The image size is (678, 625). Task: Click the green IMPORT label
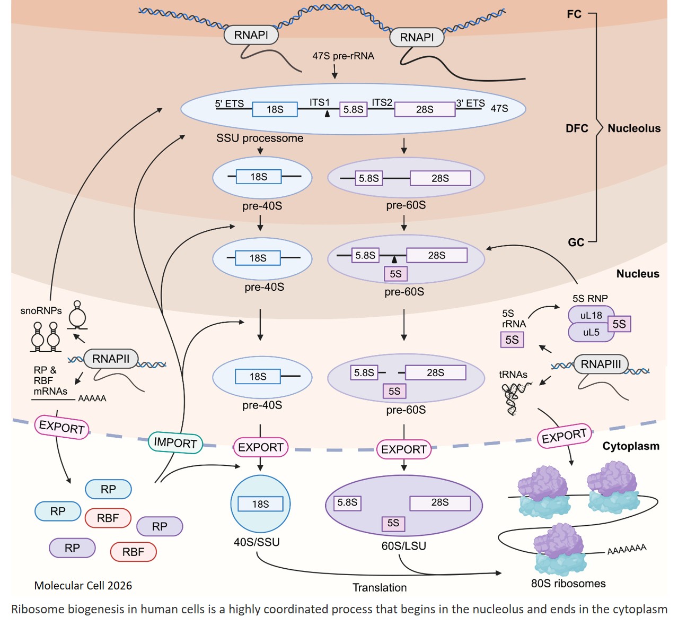click(175, 442)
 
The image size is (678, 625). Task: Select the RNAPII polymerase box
click(110, 359)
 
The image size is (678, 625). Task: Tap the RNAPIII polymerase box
click(600, 364)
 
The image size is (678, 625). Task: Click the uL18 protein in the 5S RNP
click(591, 315)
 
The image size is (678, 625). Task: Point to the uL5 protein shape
click(591, 333)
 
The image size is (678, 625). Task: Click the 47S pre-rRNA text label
click(343, 56)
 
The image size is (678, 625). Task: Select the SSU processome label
click(260, 138)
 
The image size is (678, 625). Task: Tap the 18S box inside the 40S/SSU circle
click(260, 504)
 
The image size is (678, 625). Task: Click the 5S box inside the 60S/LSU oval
click(393, 523)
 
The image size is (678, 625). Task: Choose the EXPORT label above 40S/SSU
click(260, 447)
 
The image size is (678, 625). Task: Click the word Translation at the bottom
click(380, 587)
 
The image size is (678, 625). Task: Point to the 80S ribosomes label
click(568, 584)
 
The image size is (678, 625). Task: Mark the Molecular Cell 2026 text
click(83, 586)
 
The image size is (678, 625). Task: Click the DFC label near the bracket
click(577, 128)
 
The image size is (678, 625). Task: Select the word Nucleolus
click(634, 128)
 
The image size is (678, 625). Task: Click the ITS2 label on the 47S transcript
click(382, 102)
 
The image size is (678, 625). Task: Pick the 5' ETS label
click(230, 103)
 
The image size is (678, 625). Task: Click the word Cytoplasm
click(630, 446)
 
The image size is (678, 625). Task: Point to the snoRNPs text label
click(41, 311)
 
